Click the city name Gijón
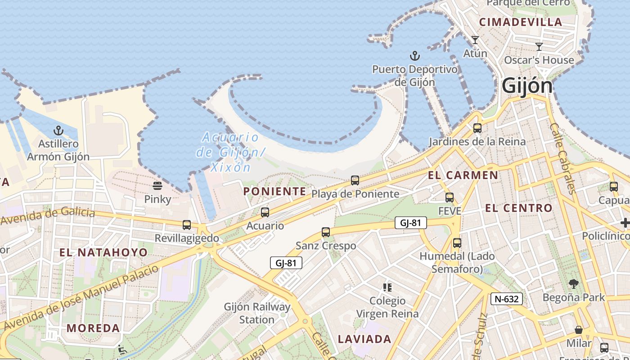click(527, 85)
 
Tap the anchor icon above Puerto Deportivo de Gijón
click(414, 56)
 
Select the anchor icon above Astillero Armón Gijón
click(58, 131)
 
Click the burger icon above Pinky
click(157, 185)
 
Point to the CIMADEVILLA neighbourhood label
click(521, 22)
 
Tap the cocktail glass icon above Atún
click(475, 40)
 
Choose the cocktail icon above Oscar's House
click(539, 46)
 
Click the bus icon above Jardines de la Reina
click(477, 128)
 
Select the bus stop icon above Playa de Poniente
click(355, 180)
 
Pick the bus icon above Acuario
click(265, 212)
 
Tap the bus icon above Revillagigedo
click(187, 225)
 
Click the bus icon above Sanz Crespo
click(326, 232)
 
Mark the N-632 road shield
click(507, 299)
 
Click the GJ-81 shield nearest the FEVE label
click(410, 223)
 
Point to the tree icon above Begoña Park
click(573, 284)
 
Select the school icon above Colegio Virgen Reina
click(387, 287)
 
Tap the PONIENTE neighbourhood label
click(275, 191)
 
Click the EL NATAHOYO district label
click(103, 252)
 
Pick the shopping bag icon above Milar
click(579, 330)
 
